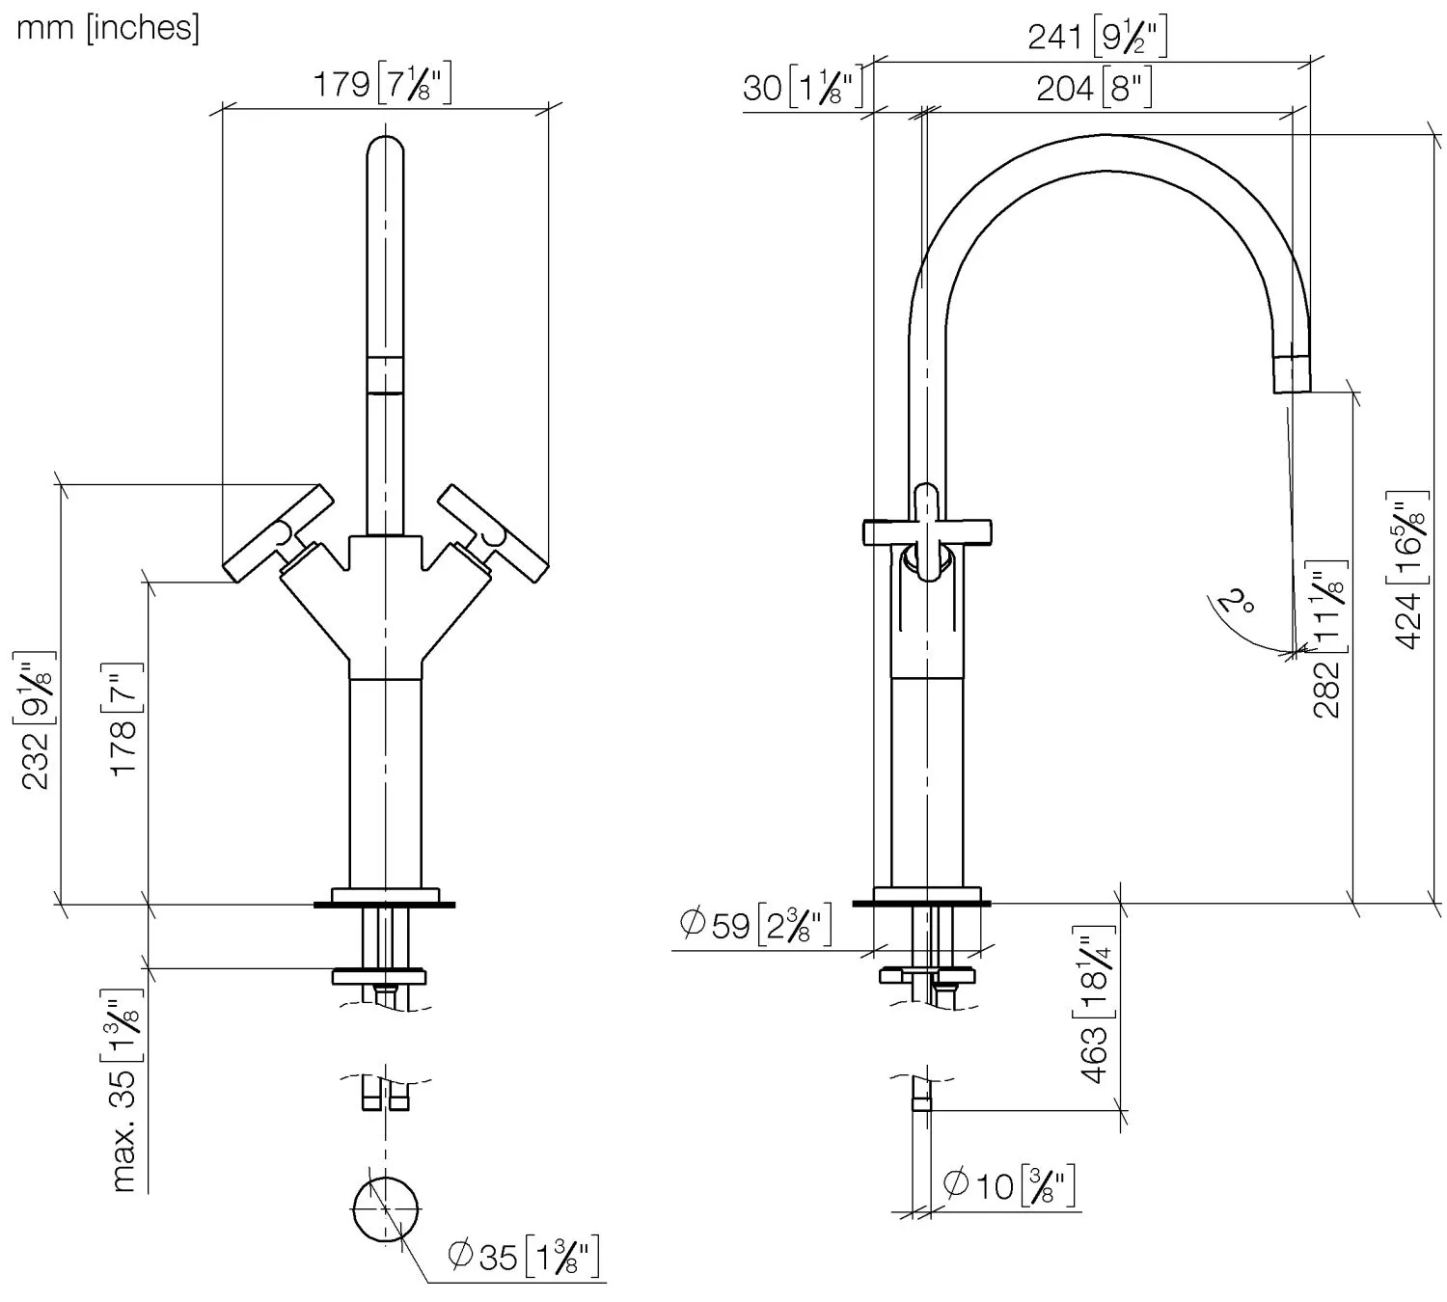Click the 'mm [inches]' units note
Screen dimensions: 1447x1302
point(108,29)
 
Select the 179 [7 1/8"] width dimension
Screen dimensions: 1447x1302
point(382,85)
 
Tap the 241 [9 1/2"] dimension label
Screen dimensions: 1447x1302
point(1097,37)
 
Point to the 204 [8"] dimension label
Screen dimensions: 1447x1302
point(1094,89)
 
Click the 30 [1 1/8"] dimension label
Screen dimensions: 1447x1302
point(803,88)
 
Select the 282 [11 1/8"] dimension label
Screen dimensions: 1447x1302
point(1328,639)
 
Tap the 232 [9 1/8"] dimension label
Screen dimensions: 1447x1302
point(36,719)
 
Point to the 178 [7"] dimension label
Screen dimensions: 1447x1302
point(124,719)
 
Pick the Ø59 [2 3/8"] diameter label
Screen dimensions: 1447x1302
point(755,926)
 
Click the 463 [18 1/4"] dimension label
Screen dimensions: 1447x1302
point(1095,1005)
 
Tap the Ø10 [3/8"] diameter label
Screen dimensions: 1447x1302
point(1009,1185)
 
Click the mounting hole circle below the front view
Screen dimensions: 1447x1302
point(386,1209)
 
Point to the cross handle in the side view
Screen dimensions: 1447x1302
point(927,532)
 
